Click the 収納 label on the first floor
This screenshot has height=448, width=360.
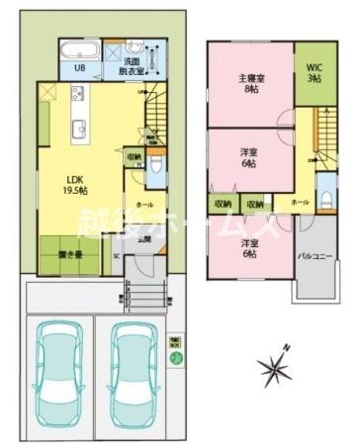pos(134,156)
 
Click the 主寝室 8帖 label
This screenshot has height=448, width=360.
pos(250,84)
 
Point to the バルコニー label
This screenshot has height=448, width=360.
pos(315,257)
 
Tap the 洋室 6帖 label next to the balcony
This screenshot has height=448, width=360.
pos(250,248)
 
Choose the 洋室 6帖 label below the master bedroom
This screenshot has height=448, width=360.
pos(250,157)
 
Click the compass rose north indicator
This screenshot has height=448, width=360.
pos(274,370)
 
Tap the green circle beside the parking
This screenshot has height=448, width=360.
pos(176,359)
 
